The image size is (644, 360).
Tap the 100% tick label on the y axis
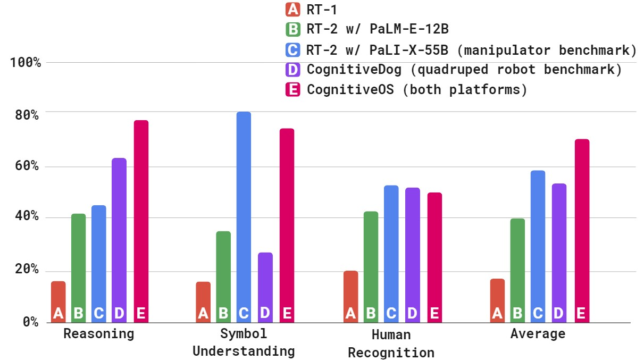26,63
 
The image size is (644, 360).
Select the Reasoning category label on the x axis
99,334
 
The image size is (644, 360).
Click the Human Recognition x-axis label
391,344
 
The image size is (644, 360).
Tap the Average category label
538,334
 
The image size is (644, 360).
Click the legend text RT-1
322,9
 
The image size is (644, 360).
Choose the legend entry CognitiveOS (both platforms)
417,89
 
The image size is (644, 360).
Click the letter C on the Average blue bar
538,314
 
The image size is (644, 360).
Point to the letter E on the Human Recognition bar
434,314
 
